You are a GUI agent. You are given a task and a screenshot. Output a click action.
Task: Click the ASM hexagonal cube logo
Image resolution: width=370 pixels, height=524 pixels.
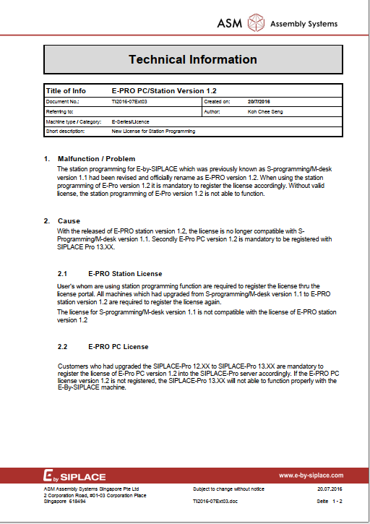(256, 24)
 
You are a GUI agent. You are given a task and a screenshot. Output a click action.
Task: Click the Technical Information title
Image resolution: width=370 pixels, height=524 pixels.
(192, 59)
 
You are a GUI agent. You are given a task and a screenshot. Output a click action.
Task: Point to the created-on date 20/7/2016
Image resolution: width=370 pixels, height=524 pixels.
(257, 102)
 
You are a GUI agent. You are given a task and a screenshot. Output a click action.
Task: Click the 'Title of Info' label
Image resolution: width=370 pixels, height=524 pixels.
(66, 91)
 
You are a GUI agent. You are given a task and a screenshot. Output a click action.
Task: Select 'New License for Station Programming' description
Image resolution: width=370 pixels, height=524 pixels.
(153, 132)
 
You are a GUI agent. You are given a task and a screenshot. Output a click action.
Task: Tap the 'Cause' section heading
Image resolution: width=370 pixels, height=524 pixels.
(69, 220)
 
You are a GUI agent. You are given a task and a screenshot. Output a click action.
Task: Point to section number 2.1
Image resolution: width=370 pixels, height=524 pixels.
(62, 274)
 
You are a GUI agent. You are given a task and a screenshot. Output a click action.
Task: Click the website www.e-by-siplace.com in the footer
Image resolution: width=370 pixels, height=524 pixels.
(311, 475)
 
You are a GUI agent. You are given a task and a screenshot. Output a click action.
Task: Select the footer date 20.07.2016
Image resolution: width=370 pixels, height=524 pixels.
(330, 489)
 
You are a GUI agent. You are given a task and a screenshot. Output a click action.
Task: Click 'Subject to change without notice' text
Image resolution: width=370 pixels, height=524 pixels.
(228, 489)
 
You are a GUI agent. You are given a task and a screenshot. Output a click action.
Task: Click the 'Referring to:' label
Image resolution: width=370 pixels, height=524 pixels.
(59, 112)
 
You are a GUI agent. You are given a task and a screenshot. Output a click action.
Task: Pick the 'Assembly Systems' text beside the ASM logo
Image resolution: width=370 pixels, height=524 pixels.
(304, 24)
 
